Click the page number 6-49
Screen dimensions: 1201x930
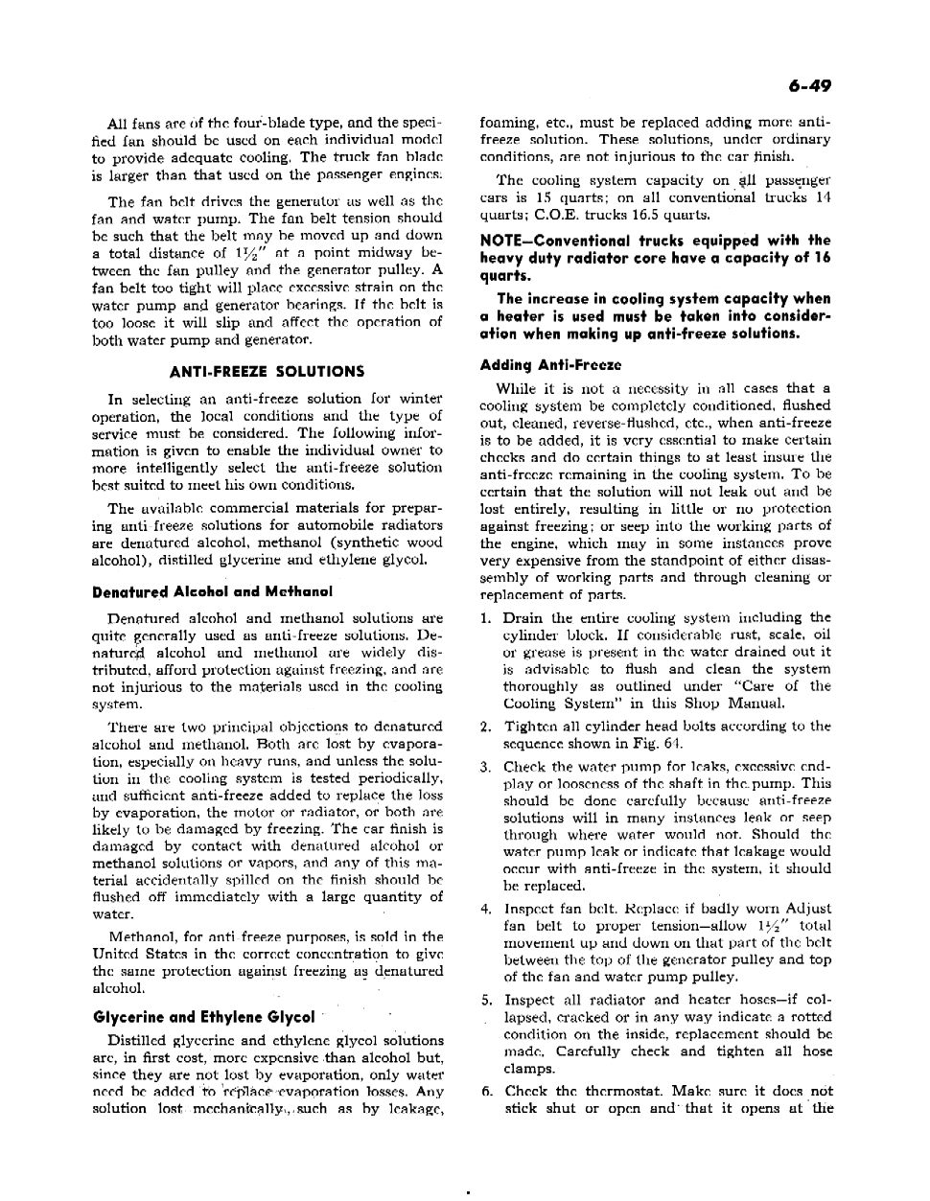810,87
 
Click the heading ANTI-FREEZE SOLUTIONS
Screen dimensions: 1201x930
267,371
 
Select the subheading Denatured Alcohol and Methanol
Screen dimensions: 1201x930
213,591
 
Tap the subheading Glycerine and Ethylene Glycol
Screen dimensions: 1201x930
203,1017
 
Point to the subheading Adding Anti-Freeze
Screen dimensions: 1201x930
550,365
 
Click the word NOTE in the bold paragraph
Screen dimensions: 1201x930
501,241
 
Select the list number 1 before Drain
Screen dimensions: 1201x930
487,618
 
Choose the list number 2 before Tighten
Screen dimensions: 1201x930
487,727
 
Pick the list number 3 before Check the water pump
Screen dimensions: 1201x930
487,767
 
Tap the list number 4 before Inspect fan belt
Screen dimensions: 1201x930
487,909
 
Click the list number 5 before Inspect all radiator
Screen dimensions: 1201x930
487,1001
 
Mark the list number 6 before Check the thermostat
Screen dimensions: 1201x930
487,1092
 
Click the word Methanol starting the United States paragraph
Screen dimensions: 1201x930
141,937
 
